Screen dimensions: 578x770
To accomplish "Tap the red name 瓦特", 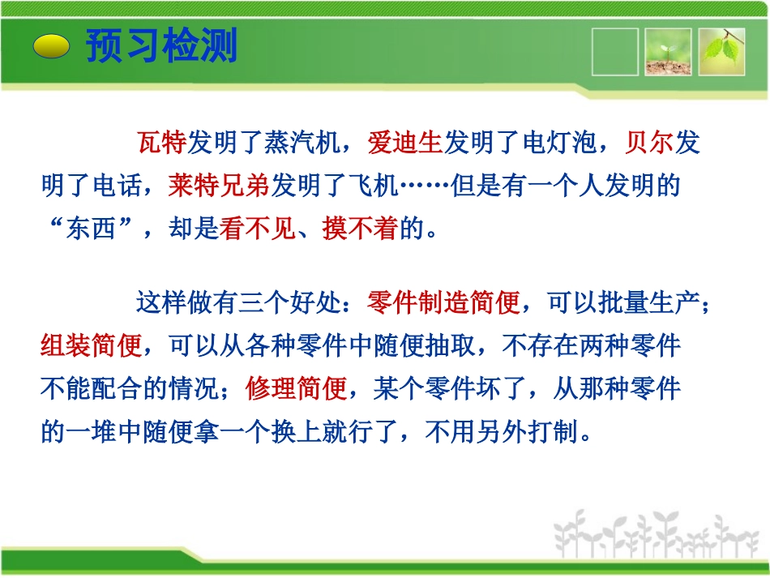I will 162,144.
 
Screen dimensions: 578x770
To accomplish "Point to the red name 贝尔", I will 649,144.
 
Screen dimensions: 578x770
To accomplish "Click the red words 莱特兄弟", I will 219,186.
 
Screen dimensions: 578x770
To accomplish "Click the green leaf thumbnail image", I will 721,53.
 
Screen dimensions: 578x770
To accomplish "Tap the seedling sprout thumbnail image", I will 668,53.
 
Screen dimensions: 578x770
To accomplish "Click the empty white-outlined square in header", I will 614,53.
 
